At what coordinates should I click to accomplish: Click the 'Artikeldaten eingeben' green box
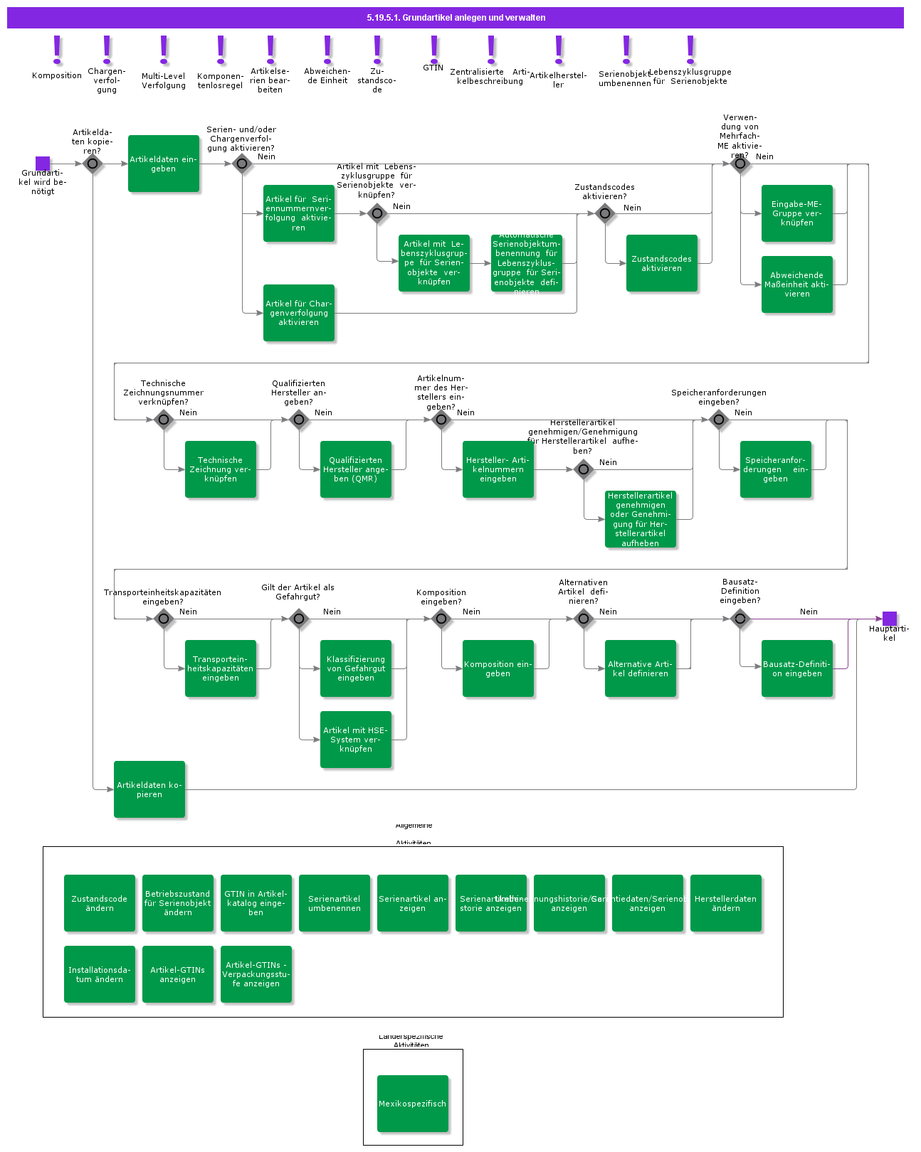tap(164, 164)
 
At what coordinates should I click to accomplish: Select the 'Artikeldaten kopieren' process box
tap(149, 789)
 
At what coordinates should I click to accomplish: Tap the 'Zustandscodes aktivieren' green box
tap(662, 263)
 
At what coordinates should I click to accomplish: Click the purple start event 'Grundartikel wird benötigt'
tap(43, 164)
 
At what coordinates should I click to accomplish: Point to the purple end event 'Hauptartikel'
tap(890, 619)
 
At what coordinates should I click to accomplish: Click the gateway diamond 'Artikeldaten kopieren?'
tap(93, 164)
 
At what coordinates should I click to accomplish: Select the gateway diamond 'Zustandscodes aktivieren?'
tap(605, 213)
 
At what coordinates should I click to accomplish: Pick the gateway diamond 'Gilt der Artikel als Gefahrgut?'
tap(299, 619)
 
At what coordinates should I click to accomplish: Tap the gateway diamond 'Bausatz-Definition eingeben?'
tap(740, 619)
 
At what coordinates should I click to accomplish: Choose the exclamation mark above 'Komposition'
tap(57, 50)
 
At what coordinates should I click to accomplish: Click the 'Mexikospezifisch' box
tap(413, 1104)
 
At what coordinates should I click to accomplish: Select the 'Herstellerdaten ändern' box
tap(726, 903)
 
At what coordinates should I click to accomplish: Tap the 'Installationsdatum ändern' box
tap(100, 974)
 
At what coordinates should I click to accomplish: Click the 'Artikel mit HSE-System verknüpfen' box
tap(356, 740)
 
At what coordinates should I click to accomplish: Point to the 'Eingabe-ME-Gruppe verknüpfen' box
tap(797, 213)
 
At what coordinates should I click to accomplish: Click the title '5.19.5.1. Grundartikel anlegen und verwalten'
tap(456, 18)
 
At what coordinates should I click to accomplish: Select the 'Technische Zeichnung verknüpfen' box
tap(221, 469)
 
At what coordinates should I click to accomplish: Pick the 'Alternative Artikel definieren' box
tap(641, 668)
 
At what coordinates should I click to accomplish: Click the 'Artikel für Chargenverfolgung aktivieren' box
tap(299, 313)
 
